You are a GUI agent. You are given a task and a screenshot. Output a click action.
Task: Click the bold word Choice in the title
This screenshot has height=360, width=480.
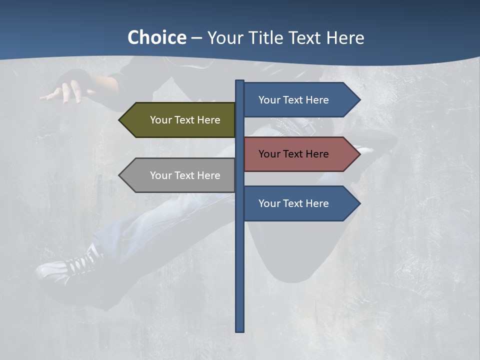(156, 37)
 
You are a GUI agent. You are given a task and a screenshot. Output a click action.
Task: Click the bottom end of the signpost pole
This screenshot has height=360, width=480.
(240, 330)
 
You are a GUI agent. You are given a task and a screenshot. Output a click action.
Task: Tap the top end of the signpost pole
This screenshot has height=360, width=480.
(240, 81)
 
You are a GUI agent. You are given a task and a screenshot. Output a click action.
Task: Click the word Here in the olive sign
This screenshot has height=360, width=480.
(209, 120)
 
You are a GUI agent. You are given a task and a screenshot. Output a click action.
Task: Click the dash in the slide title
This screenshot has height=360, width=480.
(196, 38)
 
